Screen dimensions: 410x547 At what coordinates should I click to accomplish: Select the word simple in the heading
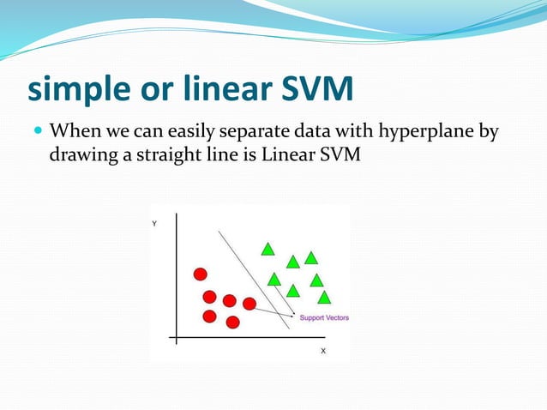pyautogui.click(x=75, y=88)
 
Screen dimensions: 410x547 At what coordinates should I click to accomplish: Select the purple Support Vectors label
pyautogui.click(x=324, y=318)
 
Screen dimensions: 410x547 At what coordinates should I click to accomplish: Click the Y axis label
pyautogui.click(x=154, y=224)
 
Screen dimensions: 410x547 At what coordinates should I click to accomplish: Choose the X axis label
pyautogui.click(x=323, y=351)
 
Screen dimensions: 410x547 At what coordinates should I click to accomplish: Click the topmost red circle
pyautogui.click(x=200, y=274)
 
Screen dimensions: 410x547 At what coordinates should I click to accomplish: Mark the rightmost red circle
pyautogui.click(x=249, y=304)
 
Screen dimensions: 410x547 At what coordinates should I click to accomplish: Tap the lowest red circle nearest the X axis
pyautogui.click(x=232, y=323)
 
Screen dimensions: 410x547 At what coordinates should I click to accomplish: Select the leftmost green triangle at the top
pyautogui.click(x=267, y=250)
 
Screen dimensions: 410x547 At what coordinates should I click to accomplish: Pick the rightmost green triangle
pyautogui.click(x=324, y=298)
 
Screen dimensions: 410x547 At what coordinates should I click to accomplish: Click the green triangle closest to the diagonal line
pyautogui.click(x=274, y=279)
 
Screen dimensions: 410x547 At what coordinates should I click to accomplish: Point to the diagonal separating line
pyautogui.click(x=249, y=274)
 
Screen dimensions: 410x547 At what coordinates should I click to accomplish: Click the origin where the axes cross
pyautogui.click(x=176, y=337)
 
